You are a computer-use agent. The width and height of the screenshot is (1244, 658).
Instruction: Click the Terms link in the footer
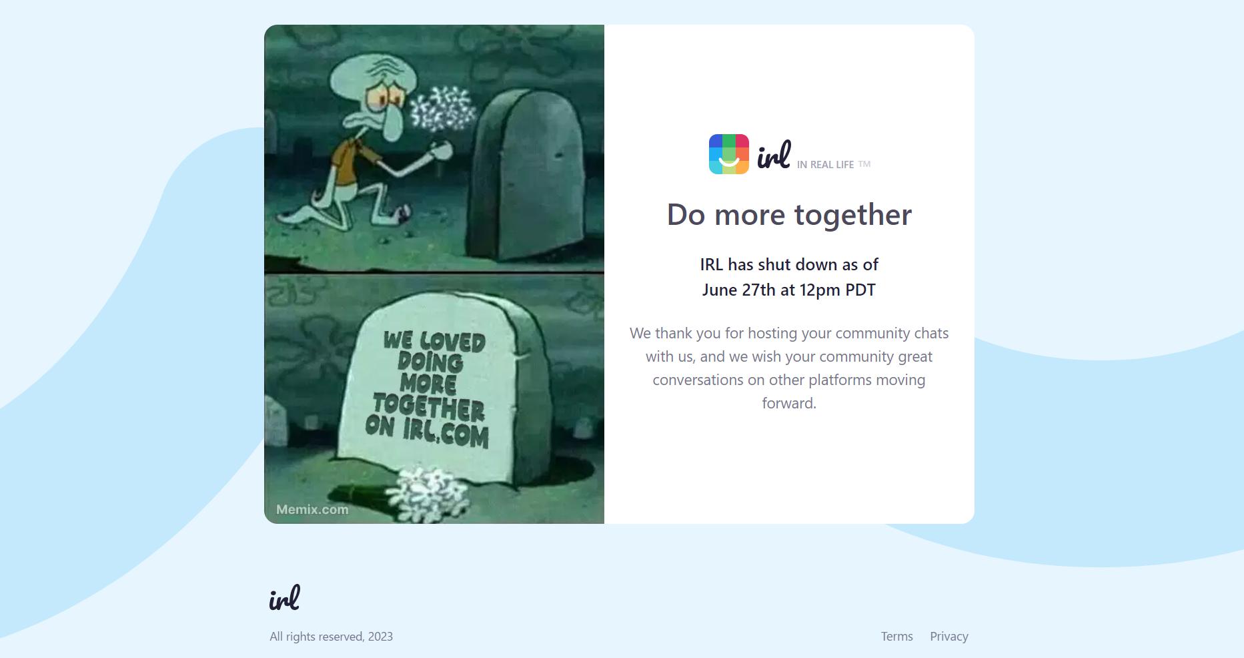coord(896,636)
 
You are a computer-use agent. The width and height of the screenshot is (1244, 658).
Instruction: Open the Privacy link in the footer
coord(949,636)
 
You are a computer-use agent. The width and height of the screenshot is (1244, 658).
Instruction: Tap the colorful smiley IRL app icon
coord(728,154)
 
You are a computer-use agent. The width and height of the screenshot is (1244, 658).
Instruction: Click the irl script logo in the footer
coord(285,597)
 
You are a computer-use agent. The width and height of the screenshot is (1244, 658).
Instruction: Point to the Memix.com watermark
coord(312,509)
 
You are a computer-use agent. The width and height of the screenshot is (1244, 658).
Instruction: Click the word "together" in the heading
coord(853,215)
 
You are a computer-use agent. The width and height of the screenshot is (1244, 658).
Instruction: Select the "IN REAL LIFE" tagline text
coord(825,165)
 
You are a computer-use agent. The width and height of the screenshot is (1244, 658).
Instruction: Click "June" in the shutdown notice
coord(720,290)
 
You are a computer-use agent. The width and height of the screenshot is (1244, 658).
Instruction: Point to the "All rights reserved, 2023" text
coord(331,637)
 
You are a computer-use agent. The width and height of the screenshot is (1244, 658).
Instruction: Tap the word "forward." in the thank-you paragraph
coord(789,403)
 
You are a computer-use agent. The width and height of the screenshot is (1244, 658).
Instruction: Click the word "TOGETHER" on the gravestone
coord(428,406)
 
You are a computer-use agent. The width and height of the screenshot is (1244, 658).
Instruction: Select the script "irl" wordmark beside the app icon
coord(774,155)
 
